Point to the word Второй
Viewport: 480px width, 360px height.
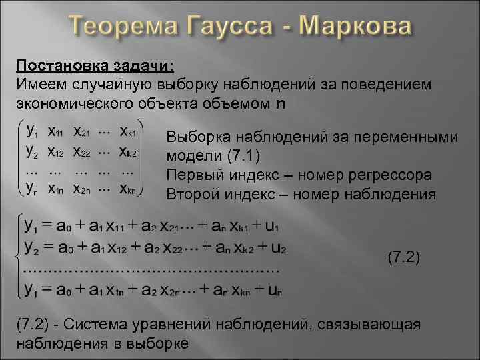189,195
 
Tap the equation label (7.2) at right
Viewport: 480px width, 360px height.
403,256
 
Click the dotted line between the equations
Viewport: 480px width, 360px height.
150,269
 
